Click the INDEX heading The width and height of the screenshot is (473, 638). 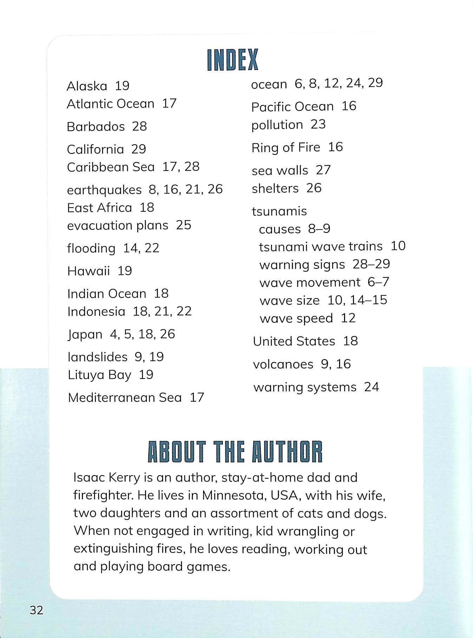coord(233,60)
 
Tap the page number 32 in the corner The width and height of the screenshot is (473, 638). coord(37,610)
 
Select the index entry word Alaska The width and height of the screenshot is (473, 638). coord(87,86)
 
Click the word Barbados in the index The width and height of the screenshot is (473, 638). coord(96,126)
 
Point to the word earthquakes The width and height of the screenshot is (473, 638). coord(104,190)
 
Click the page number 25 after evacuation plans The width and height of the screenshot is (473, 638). coord(183,225)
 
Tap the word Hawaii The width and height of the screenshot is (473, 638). coord(89,271)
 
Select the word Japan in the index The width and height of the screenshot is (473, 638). coord(85,334)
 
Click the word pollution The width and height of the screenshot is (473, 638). coord(277,125)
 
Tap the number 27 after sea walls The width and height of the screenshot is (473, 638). coord(323,170)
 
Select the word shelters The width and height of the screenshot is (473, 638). coord(275,188)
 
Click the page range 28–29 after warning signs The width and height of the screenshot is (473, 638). coord(371,264)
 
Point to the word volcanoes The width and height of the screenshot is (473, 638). coord(283,364)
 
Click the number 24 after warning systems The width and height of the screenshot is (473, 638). coord(371,387)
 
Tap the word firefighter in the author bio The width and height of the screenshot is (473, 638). coord(103,495)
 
